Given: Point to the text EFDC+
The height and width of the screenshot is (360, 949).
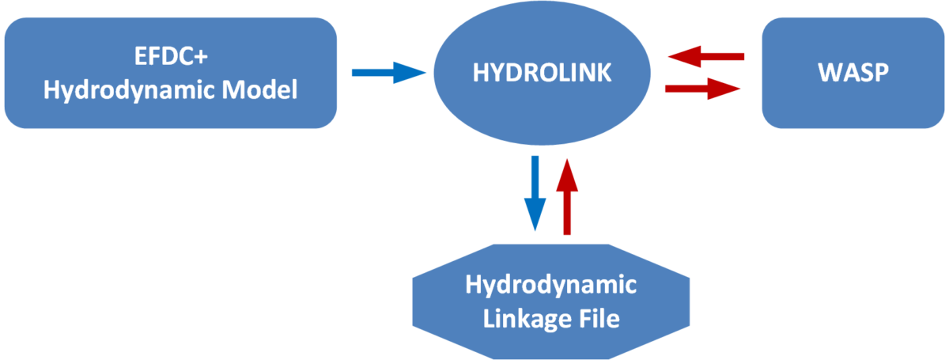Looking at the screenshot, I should click(170, 59).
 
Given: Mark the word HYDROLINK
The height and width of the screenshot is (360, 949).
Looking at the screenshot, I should click(542, 73).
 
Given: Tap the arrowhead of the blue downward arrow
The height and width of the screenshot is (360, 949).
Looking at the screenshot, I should click(535, 217).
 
